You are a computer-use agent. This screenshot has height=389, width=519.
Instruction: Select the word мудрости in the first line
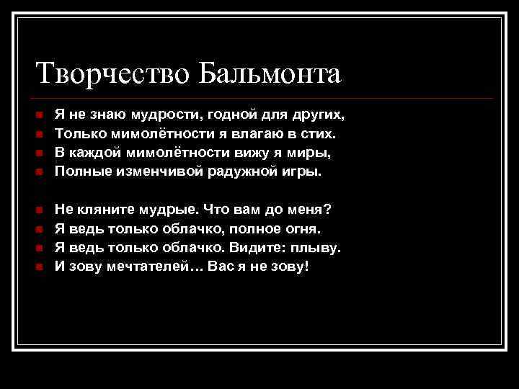pos(169,115)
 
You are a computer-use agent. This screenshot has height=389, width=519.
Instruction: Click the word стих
pos(317,134)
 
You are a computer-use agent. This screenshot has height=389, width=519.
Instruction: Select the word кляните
pos(101,210)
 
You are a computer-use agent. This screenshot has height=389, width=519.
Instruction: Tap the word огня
pos(303,228)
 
